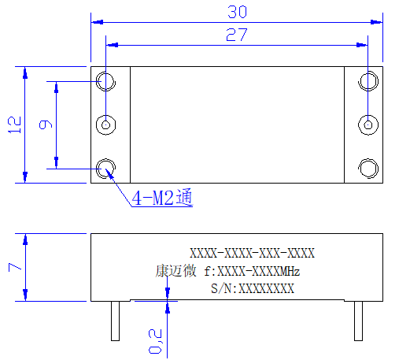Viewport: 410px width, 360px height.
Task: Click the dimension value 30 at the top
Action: click(237, 12)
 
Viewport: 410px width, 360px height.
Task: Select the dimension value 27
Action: click(237, 35)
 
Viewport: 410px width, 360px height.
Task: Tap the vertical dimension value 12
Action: click(15, 124)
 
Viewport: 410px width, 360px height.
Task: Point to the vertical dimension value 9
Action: click(46, 124)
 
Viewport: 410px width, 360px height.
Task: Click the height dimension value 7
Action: click(15, 267)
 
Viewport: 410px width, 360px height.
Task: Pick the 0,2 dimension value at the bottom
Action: click(155, 341)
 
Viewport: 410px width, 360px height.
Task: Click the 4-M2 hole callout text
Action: click(162, 197)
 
